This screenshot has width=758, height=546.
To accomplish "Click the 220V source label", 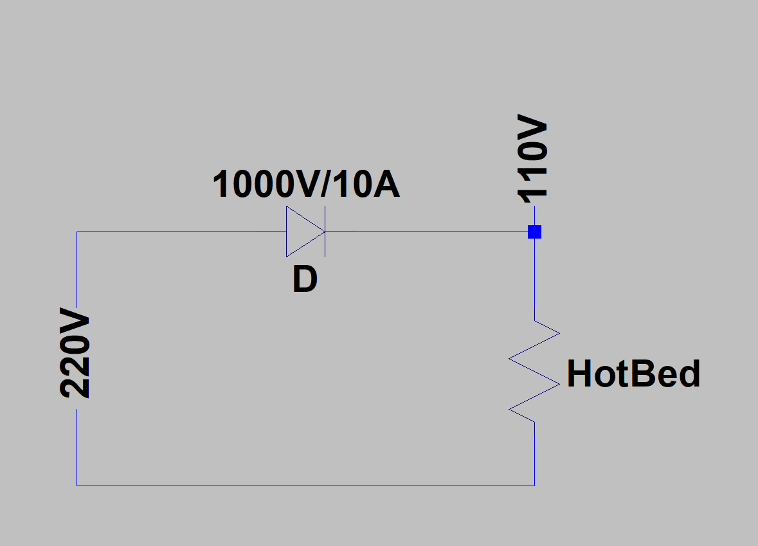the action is (75, 352).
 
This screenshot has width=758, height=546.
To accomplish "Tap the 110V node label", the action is (532, 159).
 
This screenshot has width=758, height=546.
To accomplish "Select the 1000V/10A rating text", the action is (306, 184).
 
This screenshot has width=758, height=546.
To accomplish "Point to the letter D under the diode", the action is (305, 280).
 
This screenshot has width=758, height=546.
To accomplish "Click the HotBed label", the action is (633, 374).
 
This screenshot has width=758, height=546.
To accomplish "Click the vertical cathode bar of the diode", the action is (325, 232).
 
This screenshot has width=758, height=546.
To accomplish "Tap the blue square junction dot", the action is (535, 232).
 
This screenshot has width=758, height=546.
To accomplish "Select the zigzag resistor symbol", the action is (535, 371).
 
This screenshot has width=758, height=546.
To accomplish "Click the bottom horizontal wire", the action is (305, 486).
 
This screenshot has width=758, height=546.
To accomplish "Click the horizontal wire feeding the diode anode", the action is (181, 232).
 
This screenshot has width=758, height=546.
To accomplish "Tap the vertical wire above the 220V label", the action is (77, 269).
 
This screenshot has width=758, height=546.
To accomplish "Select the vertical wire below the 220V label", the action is (77, 448).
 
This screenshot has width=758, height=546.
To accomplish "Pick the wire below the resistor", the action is (535, 453).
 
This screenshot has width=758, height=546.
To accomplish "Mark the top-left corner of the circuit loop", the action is (77, 232).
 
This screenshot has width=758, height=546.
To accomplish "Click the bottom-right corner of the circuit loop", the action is (535, 486).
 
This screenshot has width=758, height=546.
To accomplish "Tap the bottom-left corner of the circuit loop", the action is (77, 486).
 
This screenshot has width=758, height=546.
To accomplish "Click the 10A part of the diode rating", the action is (366, 184).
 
